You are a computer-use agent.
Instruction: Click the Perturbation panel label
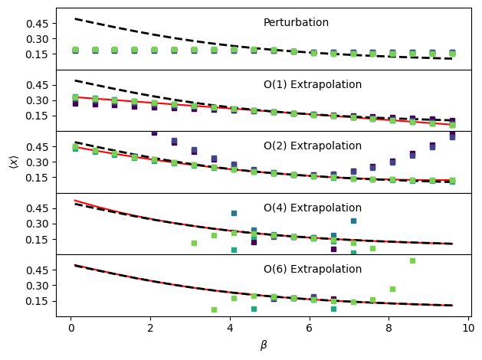click(x=296, y=23)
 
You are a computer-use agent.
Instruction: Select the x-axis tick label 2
click(x=150, y=328)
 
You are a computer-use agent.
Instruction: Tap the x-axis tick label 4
click(x=229, y=328)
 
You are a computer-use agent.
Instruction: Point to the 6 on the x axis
click(x=309, y=328)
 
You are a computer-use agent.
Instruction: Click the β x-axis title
click(x=264, y=345)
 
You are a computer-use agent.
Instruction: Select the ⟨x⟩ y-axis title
click(x=13, y=162)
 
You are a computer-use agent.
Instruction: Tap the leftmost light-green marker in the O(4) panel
click(x=194, y=243)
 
